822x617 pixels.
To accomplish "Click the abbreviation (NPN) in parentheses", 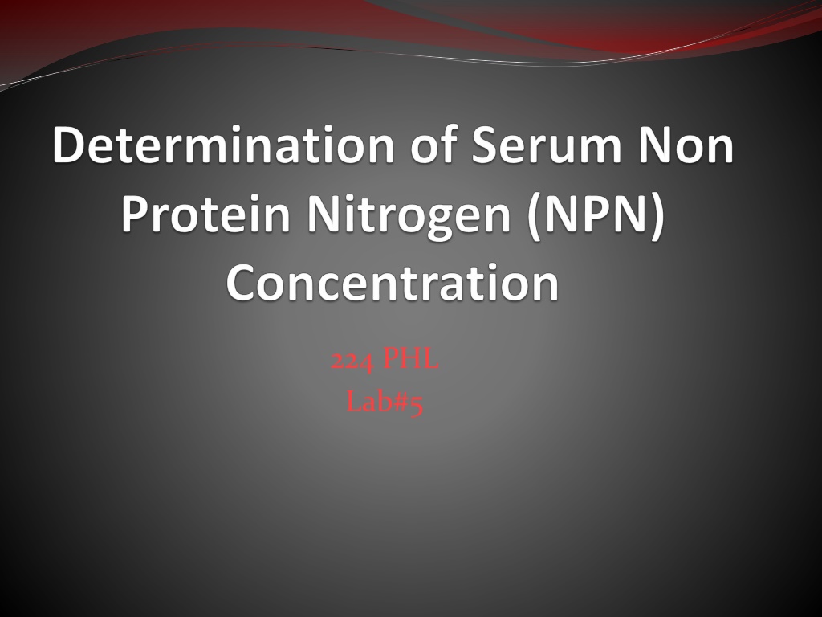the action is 596,216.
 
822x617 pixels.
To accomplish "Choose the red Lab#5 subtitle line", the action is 385,403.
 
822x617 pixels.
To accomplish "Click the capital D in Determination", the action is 69,145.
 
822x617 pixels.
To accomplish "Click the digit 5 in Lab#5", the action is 416,405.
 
